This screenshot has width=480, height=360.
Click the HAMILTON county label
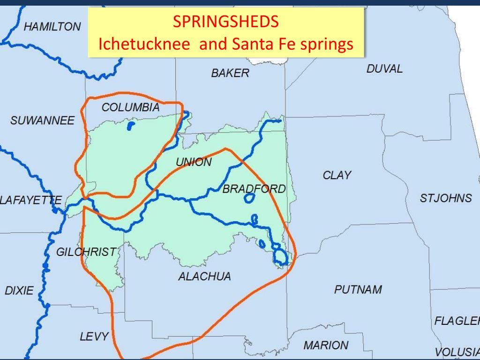52,27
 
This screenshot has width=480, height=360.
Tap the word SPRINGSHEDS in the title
226,21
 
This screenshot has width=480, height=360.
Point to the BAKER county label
230,73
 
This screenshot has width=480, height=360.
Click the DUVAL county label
384,69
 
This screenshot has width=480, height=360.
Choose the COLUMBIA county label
131,107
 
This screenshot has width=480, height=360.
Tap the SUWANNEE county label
42,121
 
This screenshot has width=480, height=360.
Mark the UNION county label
194,162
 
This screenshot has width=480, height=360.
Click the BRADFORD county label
254,189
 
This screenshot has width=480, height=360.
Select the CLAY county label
337,175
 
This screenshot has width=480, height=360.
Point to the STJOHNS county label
445,198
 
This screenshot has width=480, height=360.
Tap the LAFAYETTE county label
31,201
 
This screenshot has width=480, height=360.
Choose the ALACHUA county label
204,277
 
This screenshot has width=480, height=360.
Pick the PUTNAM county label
358,290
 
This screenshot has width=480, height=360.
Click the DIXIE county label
19,291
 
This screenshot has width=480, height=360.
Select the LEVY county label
94,336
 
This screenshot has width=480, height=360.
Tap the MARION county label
325,345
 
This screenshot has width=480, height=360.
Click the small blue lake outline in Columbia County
131,126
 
